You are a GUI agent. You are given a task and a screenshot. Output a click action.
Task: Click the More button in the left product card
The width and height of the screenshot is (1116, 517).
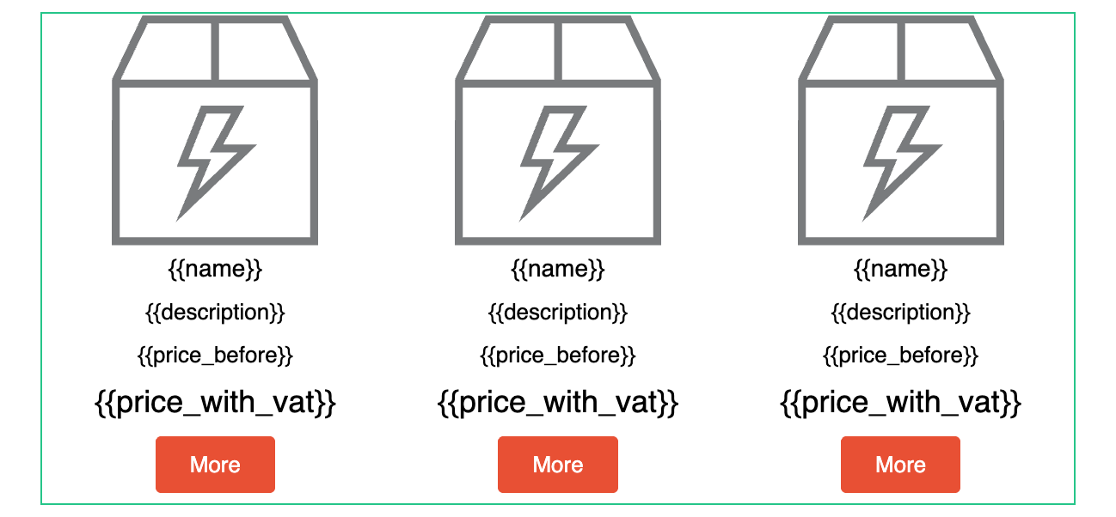tap(215, 465)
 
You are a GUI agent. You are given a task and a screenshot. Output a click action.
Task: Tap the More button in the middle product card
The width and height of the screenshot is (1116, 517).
tap(558, 465)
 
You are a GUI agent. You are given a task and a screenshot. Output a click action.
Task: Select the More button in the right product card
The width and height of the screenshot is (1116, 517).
tap(900, 465)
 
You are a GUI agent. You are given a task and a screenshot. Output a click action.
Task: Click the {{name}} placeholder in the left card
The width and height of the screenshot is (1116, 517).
tap(215, 269)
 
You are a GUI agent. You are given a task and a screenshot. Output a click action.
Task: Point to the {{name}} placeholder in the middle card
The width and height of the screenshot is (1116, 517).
tap(558, 269)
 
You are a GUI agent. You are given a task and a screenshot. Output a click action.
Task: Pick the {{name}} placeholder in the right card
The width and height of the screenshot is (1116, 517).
tap(901, 269)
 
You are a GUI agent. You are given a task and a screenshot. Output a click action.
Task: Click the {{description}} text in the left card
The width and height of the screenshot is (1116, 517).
tap(215, 313)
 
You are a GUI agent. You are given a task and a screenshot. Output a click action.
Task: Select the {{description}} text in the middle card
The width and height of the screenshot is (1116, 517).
tap(558, 313)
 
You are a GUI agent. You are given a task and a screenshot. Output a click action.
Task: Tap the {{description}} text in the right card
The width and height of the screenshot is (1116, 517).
tap(901, 313)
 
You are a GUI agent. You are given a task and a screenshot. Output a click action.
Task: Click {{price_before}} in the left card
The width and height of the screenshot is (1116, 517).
tap(215, 356)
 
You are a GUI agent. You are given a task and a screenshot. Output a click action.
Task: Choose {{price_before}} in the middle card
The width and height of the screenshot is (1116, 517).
tap(558, 356)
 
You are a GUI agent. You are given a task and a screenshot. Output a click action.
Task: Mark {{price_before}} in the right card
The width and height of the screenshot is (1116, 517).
tap(901, 356)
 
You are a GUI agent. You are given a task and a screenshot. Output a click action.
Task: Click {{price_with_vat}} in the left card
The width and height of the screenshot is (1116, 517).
tap(215, 403)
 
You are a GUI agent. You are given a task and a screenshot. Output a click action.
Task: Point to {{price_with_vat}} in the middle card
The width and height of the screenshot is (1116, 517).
tap(558, 403)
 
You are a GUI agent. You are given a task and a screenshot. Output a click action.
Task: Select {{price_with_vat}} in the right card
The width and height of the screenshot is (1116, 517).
tap(901, 403)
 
